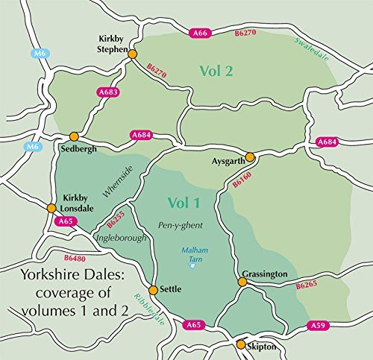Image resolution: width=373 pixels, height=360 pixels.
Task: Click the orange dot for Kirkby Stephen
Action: (133, 54)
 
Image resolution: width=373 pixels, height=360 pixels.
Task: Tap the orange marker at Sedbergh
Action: (74, 136)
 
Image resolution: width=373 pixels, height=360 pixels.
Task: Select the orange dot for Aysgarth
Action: (251, 157)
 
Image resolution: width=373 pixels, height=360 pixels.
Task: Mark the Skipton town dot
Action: (241, 344)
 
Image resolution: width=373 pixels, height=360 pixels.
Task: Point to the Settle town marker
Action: (154, 290)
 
